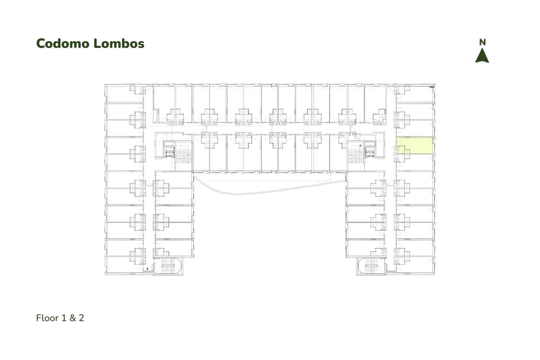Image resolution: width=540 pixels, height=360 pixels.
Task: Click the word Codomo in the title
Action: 63,44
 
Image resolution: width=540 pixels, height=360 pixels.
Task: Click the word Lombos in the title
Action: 119,44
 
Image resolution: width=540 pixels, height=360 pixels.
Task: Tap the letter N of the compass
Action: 482,42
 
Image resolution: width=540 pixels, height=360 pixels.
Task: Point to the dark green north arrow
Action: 482,55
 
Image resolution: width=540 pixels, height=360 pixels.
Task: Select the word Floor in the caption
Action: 48,318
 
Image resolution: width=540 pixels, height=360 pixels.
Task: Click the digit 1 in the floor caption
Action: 64,318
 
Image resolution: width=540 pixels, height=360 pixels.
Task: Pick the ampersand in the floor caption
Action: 73,318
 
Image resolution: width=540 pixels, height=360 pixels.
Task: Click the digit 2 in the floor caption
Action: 81,318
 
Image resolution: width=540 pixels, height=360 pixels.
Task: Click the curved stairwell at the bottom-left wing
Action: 168,266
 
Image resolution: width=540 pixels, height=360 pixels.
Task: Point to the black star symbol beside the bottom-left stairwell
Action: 148,269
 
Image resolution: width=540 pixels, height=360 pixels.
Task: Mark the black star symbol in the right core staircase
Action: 360,146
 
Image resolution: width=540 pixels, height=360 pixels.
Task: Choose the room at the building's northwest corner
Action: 125,93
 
